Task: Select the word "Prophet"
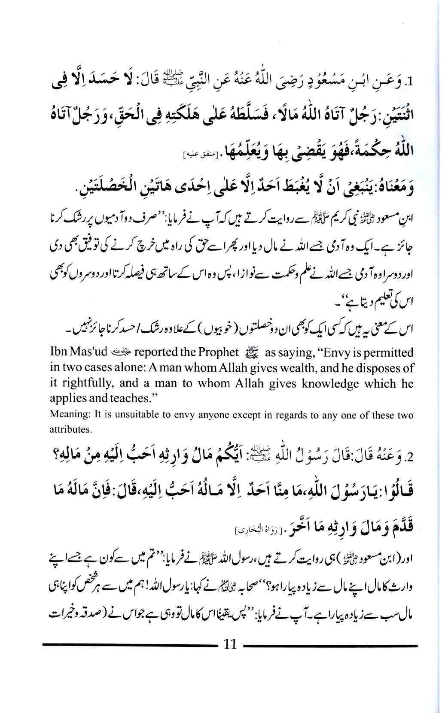click(x=216, y=352)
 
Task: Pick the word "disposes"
click(x=375, y=368)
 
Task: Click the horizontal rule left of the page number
click(x=129, y=645)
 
